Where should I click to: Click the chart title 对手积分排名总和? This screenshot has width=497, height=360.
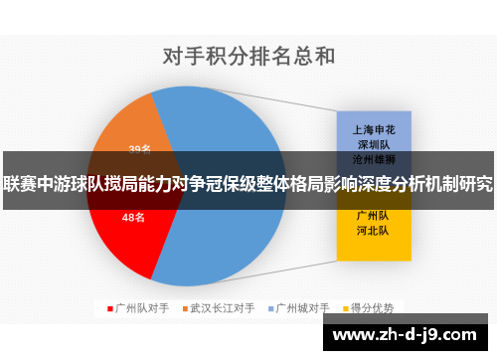[x=248, y=55]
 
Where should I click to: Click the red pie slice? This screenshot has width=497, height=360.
[x=129, y=234]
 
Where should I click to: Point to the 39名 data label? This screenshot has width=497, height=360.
[x=140, y=150]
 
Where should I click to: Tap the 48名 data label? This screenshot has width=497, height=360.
[x=133, y=216]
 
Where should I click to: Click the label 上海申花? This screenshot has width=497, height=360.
[x=373, y=129]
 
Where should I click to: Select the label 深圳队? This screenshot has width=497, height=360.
[x=373, y=143]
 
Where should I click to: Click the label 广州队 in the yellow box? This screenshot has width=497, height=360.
[x=373, y=215]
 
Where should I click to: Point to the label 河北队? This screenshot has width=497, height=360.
[x=373, y=230]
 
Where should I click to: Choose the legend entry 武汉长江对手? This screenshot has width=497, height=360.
[x=223, y=308]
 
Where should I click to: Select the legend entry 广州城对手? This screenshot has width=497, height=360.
[x=303, y=308]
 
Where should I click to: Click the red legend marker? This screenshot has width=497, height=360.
[x=110, y=308]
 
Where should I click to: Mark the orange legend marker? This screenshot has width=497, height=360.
[x=185, y=308]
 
